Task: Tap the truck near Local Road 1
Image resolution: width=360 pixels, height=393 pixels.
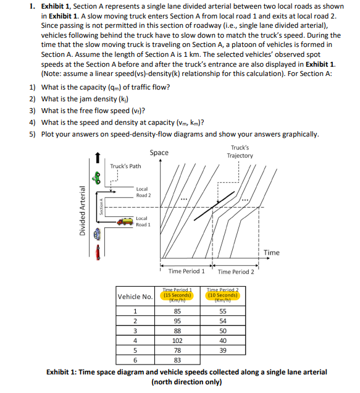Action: [125, 219]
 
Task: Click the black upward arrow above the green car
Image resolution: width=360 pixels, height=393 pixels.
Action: [96, 160]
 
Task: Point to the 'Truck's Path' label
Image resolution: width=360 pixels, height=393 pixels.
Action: [125, 166]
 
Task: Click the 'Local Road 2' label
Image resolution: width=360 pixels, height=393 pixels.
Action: [143, 192]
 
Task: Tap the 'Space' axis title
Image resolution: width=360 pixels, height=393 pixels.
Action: [159, 152]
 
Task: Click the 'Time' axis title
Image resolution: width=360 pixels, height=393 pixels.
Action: [272, 252]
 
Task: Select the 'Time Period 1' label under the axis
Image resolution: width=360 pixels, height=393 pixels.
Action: [186, 271]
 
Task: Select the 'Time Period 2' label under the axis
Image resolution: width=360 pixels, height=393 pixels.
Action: [236, 271]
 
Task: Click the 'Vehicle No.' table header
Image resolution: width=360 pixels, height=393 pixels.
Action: [135, 297]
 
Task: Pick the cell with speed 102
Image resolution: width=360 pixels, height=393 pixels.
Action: [177, 339]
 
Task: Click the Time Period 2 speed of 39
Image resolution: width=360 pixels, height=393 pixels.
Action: [223, 349]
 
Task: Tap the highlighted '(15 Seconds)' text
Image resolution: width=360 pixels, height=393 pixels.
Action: [177, 295]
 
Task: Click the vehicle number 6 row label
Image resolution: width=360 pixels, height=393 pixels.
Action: [135, 359]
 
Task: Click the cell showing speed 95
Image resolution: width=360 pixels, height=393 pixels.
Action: [177, 320]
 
